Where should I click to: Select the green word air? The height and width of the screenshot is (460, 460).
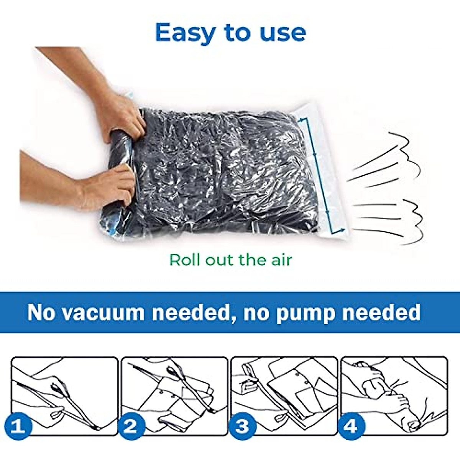coord(280,260)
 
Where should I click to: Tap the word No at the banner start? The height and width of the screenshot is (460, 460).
coord(41,312)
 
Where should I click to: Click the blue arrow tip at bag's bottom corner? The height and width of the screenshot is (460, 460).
coord(341,230)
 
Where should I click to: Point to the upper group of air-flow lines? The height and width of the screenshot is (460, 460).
coord(387,161)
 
